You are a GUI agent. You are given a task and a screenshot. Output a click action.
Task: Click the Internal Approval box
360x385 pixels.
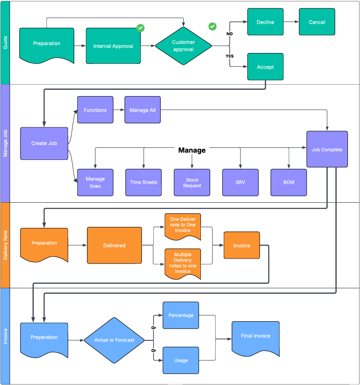[113, 46]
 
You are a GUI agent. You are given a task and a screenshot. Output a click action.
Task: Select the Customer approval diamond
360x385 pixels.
[183, 46]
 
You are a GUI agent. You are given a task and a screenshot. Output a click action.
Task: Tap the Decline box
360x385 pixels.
[265, 22]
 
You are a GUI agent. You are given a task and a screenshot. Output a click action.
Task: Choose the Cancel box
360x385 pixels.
[317, 22]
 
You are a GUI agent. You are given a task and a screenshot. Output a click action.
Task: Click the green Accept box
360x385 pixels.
[265, 67]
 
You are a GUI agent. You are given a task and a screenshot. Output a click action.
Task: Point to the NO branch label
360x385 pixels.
[229, 34]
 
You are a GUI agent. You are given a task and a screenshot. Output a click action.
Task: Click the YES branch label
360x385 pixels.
[229, 56]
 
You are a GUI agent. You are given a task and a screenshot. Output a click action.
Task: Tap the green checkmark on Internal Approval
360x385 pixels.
[140, 28]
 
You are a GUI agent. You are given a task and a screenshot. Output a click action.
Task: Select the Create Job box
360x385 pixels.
[44, 143]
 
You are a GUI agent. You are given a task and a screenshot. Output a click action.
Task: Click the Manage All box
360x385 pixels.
[142, 110]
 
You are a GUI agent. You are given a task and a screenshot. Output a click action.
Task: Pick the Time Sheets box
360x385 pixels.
[143, 182]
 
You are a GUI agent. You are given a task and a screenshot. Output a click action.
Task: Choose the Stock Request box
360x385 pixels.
[192, 182]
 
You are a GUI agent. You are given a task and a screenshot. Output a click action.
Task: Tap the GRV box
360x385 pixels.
[240, 182]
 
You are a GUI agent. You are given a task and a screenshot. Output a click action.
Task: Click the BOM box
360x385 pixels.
[289, 182]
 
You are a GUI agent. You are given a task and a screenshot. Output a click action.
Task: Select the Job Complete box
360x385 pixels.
[327, 149]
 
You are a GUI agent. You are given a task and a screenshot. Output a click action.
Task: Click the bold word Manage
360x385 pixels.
[192, 150]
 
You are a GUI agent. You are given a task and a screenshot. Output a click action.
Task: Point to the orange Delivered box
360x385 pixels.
[114, 246]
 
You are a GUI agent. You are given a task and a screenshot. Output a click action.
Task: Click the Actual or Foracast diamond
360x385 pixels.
[114, 340]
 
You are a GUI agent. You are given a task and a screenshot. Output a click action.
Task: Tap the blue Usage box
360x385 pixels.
[181, 360]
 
